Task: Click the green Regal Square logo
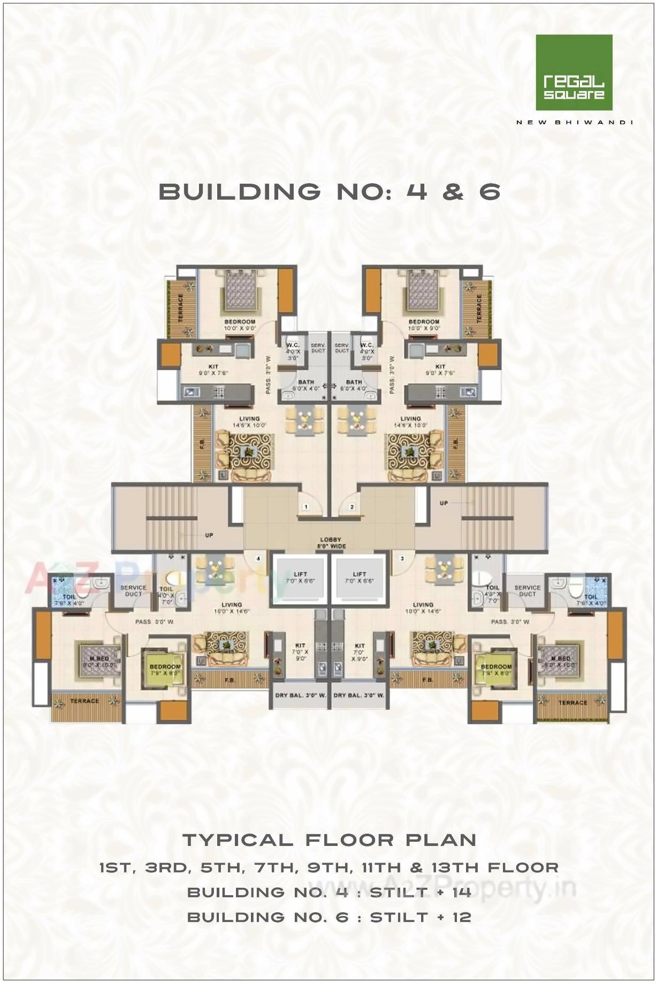[574, 72]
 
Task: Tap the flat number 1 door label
[305, 506]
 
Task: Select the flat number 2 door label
[352, 506]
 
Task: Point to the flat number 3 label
[402, 558]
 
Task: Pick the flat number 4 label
[258, 558]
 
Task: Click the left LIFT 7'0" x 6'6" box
[300, 577]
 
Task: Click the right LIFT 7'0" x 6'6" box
[359, 577]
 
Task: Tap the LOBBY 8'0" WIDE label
[330, 543]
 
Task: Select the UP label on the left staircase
[209, 535]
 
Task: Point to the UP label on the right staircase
[444, 503]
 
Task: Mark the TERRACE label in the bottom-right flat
[572, 702]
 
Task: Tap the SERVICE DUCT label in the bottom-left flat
[133, 591]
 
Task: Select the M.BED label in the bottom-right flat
[560, 661]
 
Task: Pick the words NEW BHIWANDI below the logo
[574, 122]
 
